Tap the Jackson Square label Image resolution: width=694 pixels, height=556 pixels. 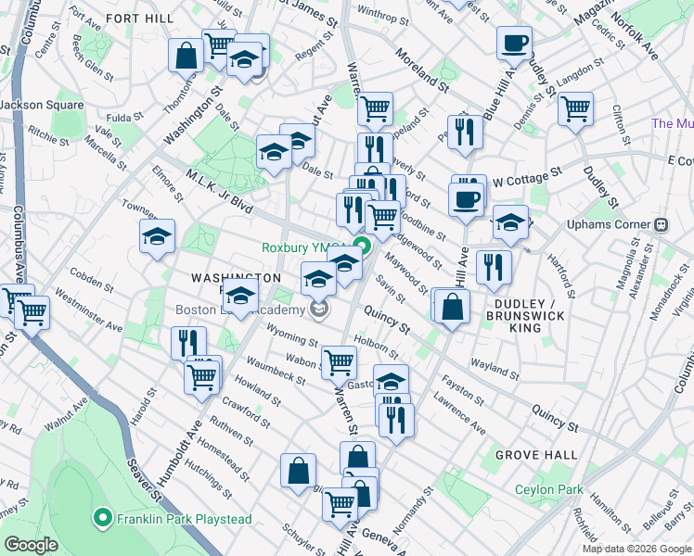click(42, 105)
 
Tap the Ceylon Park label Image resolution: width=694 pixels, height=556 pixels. click(549, 489)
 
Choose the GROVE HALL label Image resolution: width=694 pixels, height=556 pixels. click(536, 455)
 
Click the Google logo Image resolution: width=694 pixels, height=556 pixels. click(31, 545)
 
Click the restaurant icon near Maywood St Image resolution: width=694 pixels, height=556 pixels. click(494, 267)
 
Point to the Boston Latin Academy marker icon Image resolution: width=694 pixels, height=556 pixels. click(319, 310)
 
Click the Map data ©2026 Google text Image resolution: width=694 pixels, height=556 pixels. click(636, 549)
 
